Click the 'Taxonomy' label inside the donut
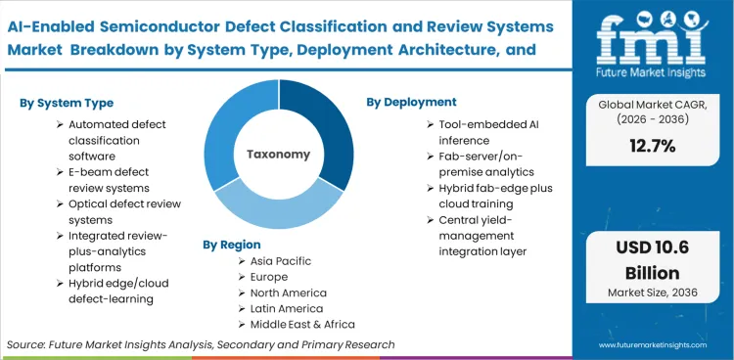coord(278,154)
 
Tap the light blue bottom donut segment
coord(278,209)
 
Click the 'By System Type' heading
coord(66,103)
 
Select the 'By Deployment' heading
coord(411,102)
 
